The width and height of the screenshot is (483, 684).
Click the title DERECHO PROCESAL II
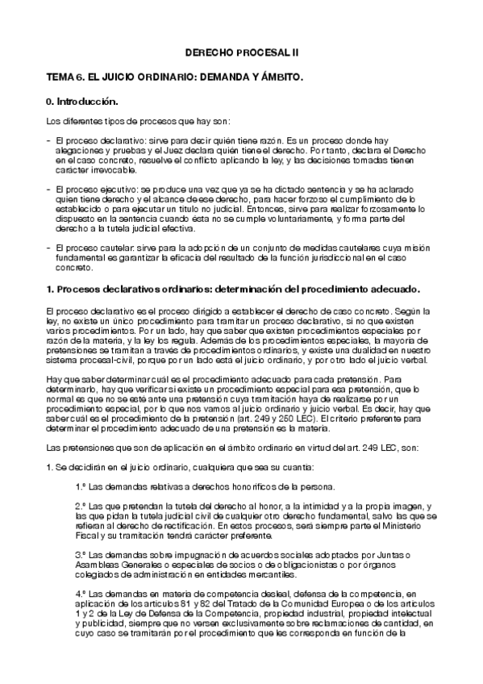241,51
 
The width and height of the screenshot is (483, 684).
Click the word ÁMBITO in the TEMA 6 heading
279,77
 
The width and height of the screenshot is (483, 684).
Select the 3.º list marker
81,556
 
